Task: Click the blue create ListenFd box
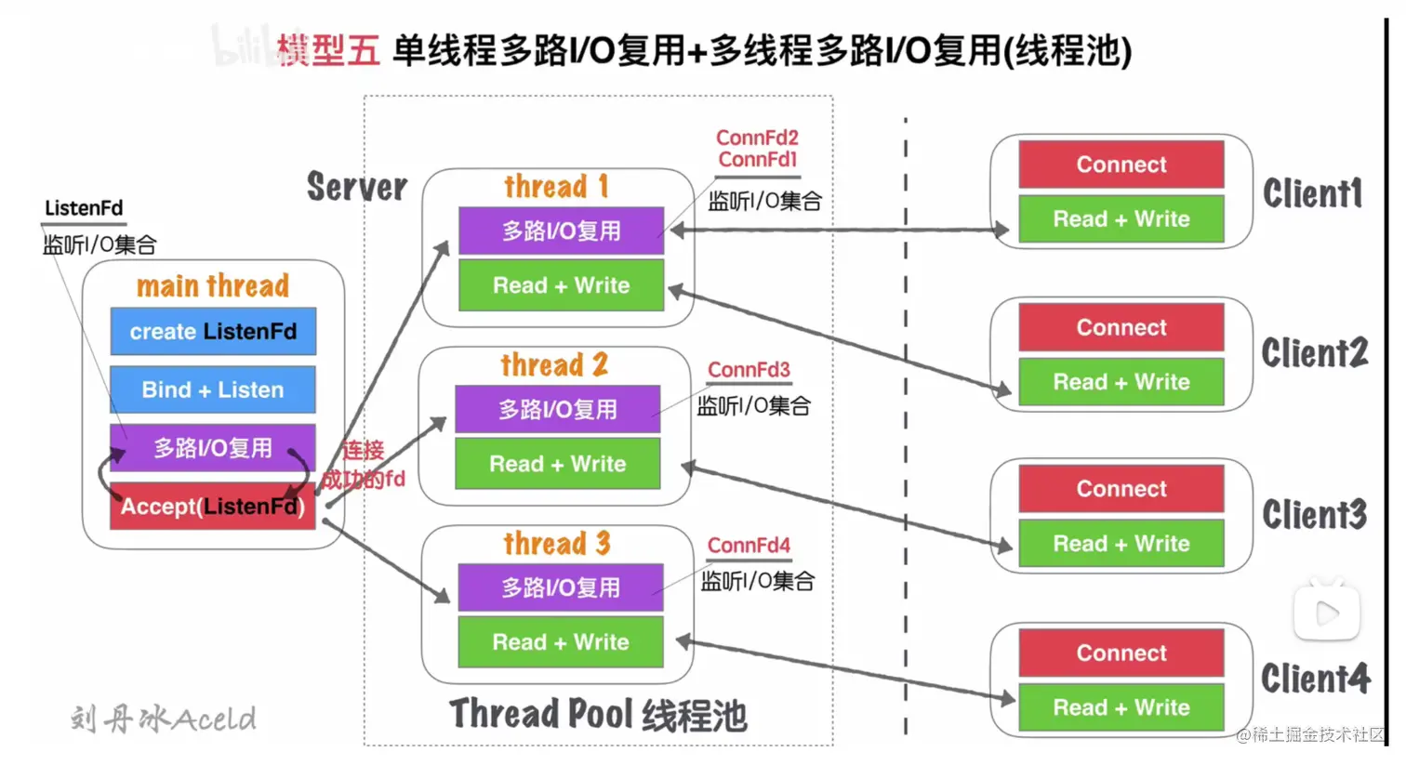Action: click(213, 332)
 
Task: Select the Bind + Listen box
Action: click(213, 389)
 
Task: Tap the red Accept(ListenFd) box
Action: click(213, 507)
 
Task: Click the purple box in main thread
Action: click(213, 448)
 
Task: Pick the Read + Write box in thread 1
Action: click(561, 285)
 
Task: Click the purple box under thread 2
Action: click(557, 409)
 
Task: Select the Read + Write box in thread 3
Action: click(560, 642)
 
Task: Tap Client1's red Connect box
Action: click(1121, 165)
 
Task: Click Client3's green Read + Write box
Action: click(1121, 544)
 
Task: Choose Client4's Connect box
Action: click(1121, 653)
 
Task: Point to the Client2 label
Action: click(1314, 353)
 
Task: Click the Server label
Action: click(357, 187)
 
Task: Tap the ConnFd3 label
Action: click(749, 370)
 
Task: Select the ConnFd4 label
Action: click(749, 546)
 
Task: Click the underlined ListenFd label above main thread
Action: click(84, 208)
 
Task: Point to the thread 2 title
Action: click(554, 364)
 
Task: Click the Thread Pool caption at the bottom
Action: click(598, 715)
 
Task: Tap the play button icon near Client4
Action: click(1327, 613)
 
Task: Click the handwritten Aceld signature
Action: click(164, 719)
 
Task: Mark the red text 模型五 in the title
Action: click(327, 50)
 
